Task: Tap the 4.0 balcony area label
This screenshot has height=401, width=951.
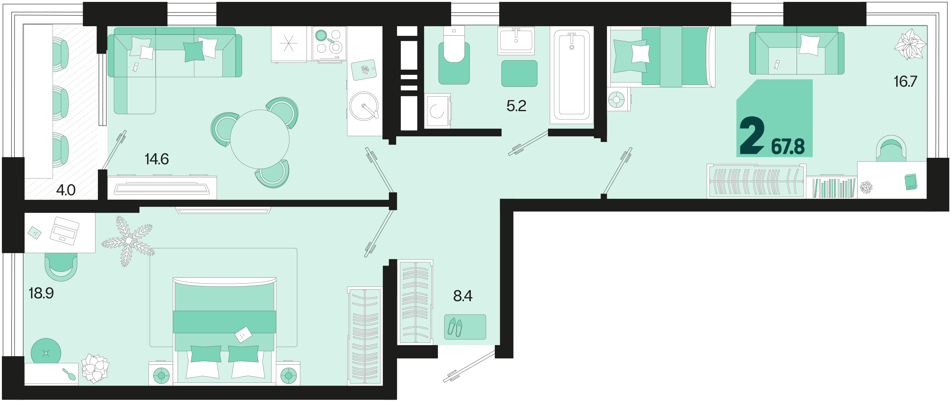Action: coord(66,190)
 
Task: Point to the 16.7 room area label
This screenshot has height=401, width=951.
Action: coord(905,81)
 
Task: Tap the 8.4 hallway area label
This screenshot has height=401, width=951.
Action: coord(463,296)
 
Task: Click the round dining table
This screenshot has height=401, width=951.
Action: coord(260,139)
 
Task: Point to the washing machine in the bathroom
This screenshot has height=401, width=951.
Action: coord(437,111)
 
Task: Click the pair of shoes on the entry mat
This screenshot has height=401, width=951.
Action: coord(455,327)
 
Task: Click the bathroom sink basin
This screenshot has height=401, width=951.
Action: coord(516,40)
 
